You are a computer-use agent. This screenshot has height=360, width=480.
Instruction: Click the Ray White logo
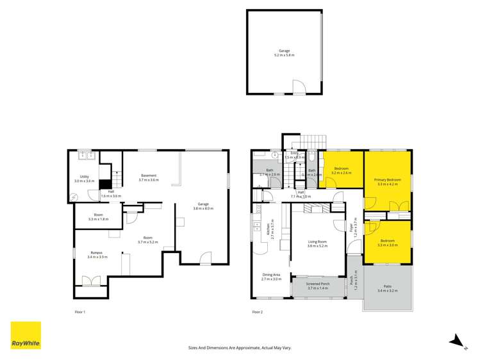point(26,335)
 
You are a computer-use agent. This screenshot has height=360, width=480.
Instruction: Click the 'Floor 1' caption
point(79,312)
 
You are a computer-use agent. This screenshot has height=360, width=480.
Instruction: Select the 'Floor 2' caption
point(257,312)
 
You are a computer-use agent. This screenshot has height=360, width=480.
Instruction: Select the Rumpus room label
point(97,255)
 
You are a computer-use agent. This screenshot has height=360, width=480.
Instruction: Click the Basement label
point(148,177)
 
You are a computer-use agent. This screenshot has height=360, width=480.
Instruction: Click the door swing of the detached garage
point(299,86)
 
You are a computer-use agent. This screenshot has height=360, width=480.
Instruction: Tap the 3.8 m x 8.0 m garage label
point(203,206)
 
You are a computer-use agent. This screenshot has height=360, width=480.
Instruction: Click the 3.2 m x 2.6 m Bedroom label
point(341,170)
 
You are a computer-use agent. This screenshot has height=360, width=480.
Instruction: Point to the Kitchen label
point(269,229)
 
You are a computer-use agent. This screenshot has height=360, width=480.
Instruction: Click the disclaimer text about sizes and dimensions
point(240,347)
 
